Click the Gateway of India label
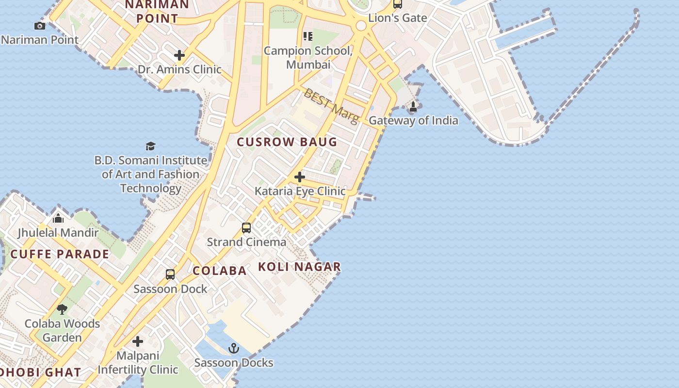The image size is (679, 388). click(x=413, y=120)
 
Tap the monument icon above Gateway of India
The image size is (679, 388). click(x=413, y=106)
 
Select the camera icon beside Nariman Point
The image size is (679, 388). click(x=40, y=26)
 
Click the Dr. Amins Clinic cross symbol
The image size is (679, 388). click(x=179, y=55)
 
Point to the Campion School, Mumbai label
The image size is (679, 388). click(x=308, y=57)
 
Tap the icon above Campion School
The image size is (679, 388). click(x=308, y=36)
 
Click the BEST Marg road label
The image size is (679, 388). click(x=331, y=105)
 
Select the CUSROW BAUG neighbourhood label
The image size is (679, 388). click(x=287, y=142)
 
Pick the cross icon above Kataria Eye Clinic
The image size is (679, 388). click(x=300, y=177)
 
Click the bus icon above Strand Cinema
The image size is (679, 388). click(x=246, y=227)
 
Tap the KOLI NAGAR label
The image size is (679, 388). click(x=299, y=267)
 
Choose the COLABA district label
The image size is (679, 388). click(x=220, y=271)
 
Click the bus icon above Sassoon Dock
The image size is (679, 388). click(x=170, y=275)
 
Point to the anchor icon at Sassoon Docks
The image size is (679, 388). click(x=234, y=348)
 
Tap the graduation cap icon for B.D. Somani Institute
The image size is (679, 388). click(x=151, y=146)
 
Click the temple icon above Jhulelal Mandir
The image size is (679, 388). click(x=58, y=218)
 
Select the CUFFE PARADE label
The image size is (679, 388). click(x=60, y=254)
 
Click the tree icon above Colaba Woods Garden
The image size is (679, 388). click(x=62, y=309)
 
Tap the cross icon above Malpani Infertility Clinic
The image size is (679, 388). click(x=138, y=341)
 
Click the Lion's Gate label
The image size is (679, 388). click(x=398, y=18)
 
